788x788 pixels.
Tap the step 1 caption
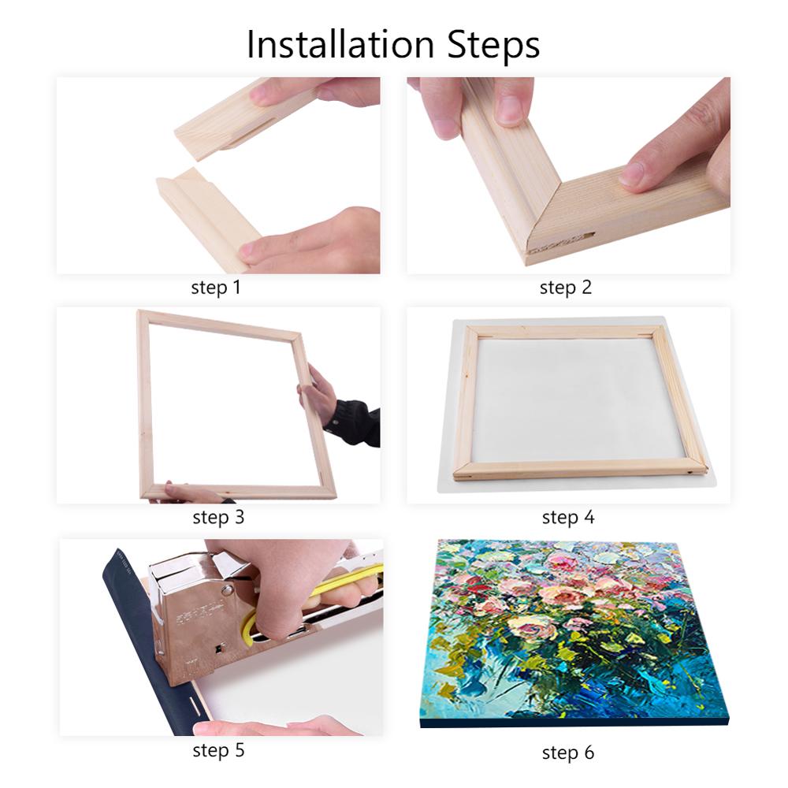point(215,288)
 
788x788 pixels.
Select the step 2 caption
point(565,288)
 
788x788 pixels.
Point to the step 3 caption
point(218,518)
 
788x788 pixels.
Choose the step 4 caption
point(567,518)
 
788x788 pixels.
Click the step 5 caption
point(218,750)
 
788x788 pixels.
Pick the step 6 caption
point(567,753)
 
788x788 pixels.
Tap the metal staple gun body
point(197,615)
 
